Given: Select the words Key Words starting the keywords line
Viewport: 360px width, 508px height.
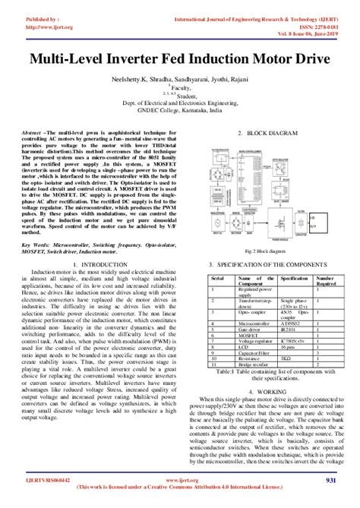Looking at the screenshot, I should click(37, 225).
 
